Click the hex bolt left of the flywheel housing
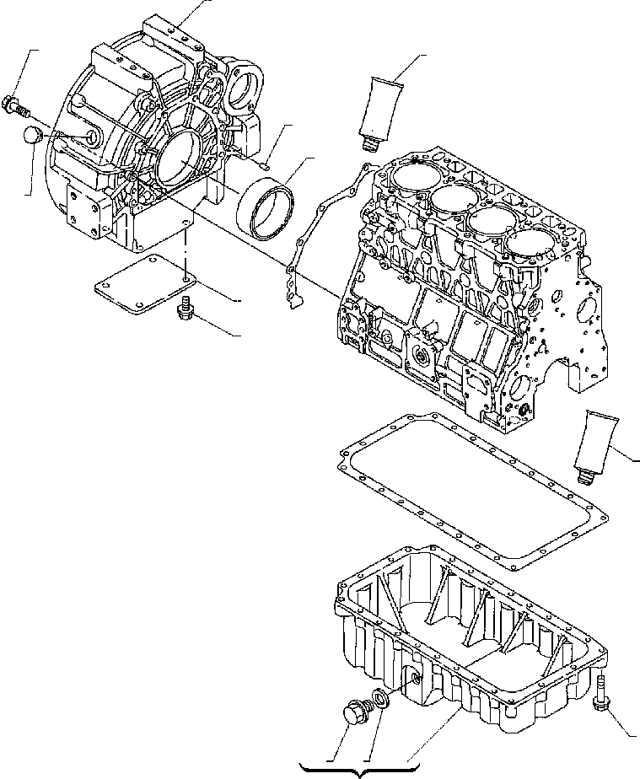click(x=16, y=106)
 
